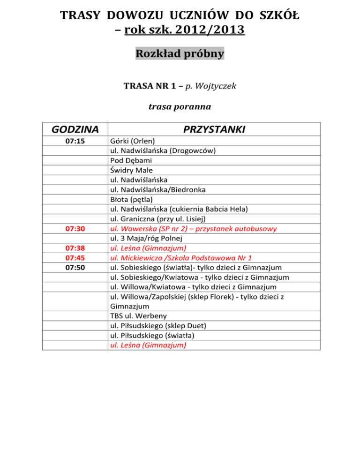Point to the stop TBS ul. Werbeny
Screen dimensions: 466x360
(x=136, y=316)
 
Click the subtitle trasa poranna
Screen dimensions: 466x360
(x=180, y=107)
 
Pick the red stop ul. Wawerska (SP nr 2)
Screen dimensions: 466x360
(x=193, y=229)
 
